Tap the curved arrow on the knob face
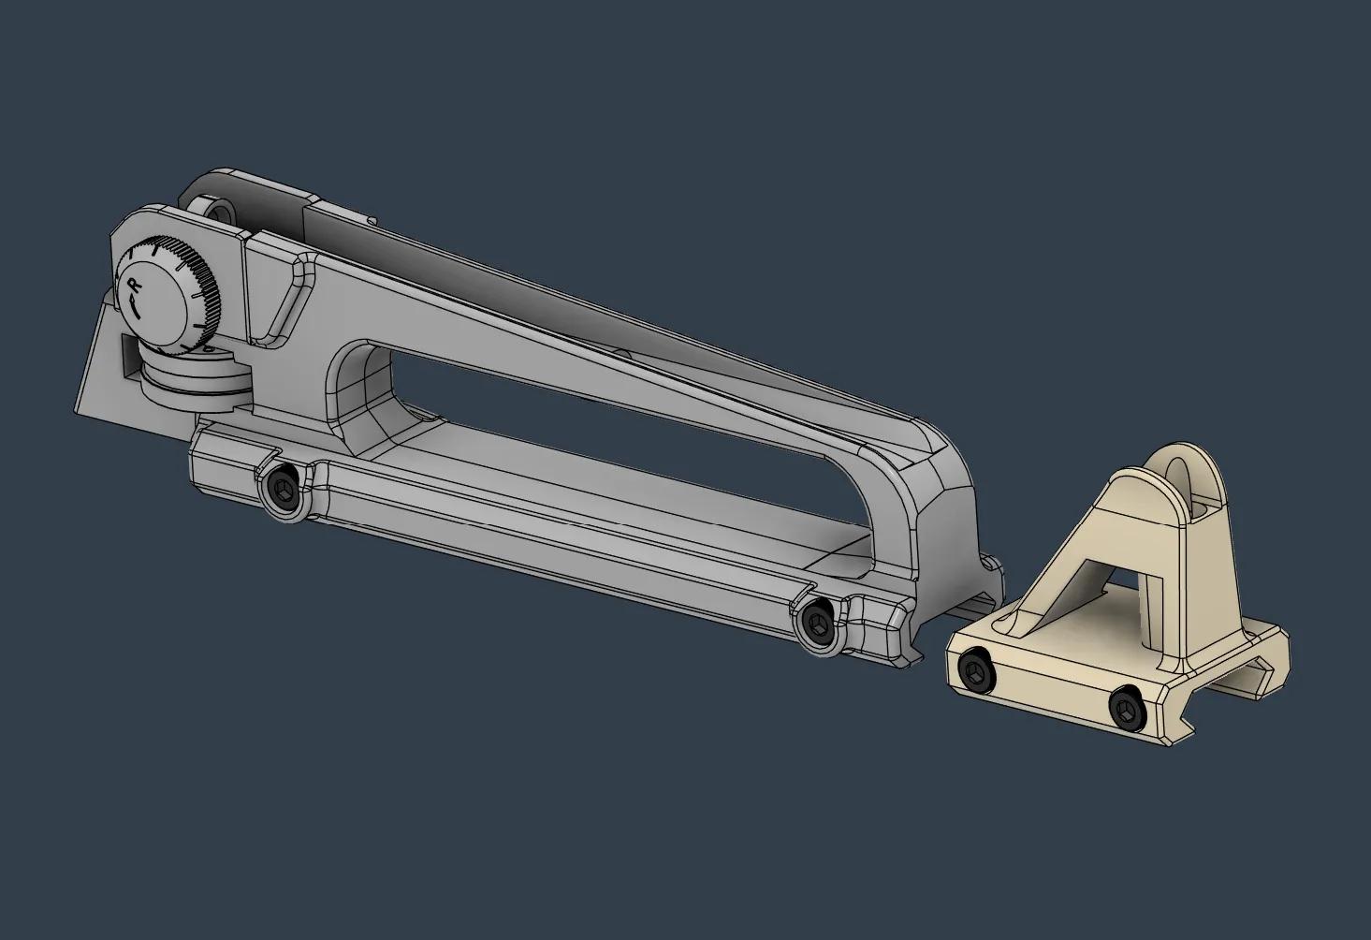tap(138, 306)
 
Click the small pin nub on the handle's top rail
tap(620, 354)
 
